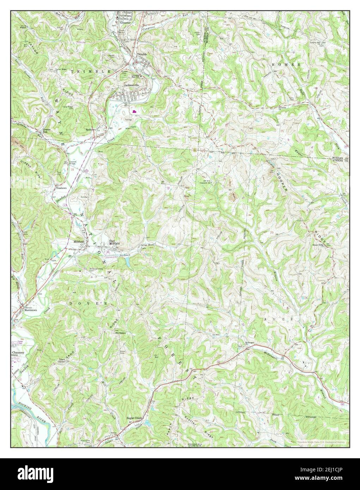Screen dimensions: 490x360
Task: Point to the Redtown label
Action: (91, 129)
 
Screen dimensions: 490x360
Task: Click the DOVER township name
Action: (88, 303)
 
